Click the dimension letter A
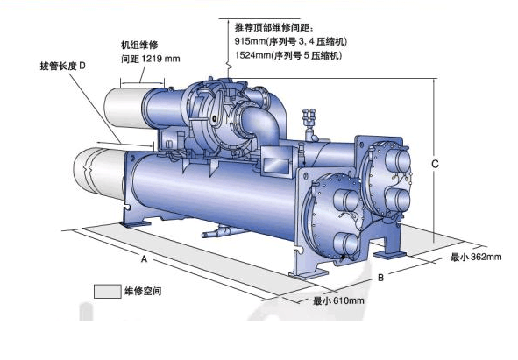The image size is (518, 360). (144, 259)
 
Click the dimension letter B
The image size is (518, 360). (381, 278)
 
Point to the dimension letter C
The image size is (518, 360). (435, 164)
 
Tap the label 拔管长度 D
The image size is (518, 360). (63, 66)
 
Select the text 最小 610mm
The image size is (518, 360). (338, 300)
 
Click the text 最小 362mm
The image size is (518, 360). (476, 257)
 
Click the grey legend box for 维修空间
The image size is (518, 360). (107, 292)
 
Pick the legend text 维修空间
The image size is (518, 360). (143, 291)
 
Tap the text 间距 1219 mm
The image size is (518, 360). (151, 59)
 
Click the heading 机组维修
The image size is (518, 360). (139, 45)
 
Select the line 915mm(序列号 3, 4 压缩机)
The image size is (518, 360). (291, 42)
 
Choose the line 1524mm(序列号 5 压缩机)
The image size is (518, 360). (288, 55)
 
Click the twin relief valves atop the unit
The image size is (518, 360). (309, 118)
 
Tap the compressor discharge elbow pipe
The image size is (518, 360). (261, 124)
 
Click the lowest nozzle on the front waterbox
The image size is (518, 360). (345, 244)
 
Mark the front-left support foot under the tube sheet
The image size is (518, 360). (309, 274)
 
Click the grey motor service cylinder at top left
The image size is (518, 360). (125, 108)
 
